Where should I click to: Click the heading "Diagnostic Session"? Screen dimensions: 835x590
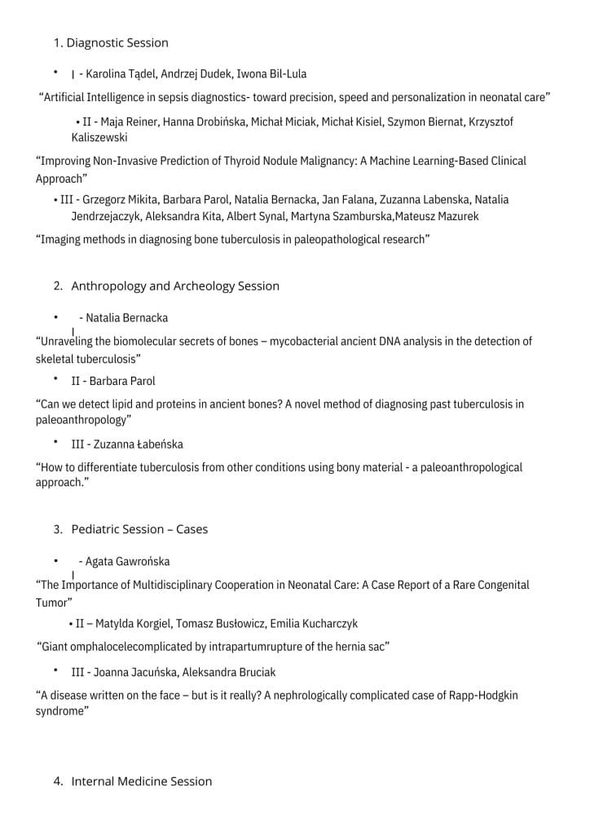117,42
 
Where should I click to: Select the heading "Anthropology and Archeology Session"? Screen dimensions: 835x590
174,286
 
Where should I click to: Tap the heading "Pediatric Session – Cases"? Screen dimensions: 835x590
139,529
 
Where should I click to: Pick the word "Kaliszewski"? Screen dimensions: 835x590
99,138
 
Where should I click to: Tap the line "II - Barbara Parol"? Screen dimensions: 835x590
113,381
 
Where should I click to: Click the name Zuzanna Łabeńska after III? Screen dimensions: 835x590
138,444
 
